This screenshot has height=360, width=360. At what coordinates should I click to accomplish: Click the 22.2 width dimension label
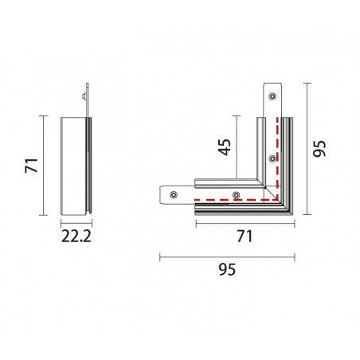click(x=76, y=236)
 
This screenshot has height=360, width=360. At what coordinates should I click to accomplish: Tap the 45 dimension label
click(x=225, y=147)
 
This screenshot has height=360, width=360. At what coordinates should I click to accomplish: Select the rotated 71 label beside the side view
click(x=32, y=165)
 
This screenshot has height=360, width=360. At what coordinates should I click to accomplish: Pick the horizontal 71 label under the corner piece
click(x=245, y=236)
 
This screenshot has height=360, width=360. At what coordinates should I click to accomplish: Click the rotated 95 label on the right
click(x=319, y=148)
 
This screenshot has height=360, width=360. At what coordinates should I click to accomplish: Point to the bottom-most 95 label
click(x=227, y=269)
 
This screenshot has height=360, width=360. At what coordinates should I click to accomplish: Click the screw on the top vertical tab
click(x=272, y=96)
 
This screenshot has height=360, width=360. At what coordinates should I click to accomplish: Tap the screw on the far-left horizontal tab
click(x=174, y=194)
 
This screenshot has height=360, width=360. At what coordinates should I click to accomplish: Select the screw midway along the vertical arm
click(x=272, y=158)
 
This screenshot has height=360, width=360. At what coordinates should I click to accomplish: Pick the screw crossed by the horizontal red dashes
click(x=237, y=195)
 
